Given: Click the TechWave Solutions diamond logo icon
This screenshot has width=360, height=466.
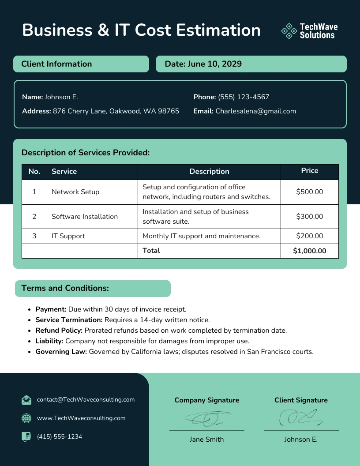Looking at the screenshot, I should [x=289, y=31].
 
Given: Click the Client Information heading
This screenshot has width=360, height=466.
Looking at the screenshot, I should [x=56, y=64].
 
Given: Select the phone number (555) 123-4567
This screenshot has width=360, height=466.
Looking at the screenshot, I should [x=243, y=97].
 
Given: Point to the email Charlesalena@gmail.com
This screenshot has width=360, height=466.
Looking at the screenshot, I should [x=255, y=111].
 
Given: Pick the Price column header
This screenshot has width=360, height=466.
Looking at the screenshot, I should [x=309, y=171].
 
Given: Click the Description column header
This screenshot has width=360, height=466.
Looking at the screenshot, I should [x=209, y=172].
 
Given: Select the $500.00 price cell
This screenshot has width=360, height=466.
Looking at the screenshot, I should [x=309, y=192].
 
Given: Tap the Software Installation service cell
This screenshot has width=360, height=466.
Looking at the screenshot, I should [x=85, y=217].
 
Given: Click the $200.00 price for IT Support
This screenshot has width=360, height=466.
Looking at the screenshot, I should [x=309, y=236].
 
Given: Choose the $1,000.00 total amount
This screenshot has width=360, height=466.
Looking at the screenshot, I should [x=309, y=251].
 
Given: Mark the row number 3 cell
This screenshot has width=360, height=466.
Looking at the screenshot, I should [x=34, y=236].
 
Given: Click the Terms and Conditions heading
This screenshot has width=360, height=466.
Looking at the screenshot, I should [x=65, y=288].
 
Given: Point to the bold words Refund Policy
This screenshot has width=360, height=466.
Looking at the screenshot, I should [x=59, y=331].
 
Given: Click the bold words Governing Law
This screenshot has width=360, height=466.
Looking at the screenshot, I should [x=61, y=352].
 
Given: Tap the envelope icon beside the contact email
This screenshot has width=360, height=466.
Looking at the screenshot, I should [x=26, y=400].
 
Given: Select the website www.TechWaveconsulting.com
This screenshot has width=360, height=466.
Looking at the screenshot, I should [x=81, y=418].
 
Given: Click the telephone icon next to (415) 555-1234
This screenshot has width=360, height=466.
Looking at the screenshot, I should [x=26, y=436].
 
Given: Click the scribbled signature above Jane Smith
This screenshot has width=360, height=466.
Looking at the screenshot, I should [x=206, y=418].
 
